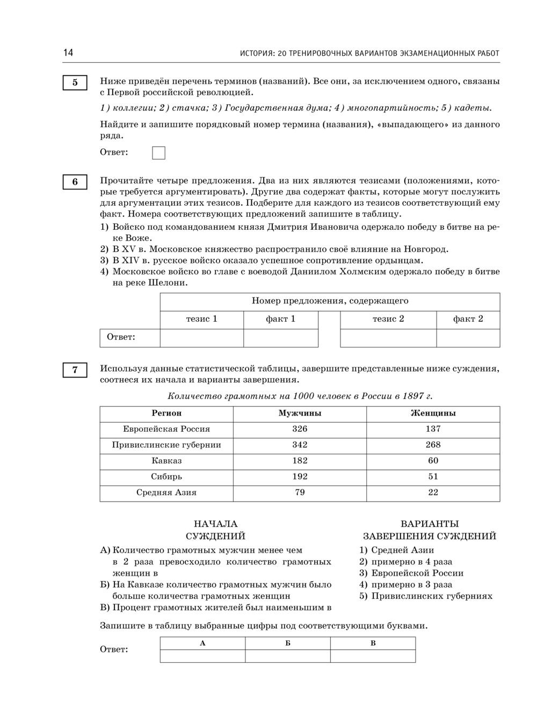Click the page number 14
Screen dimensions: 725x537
(x=68, y=53)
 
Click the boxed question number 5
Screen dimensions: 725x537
(x=75, y=83)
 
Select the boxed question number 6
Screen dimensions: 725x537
(x=75, y=182)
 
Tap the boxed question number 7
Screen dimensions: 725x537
(x=75, y=369)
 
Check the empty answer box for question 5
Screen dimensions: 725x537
(x=158, y=153)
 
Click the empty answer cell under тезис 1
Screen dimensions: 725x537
(x=202, y=338)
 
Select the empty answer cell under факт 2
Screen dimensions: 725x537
(x=468, y=338)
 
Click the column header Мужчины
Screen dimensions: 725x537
(x=300, y=414)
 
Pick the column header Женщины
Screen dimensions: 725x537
(x=433, y=414)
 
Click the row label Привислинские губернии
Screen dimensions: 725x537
(x=166, y=445)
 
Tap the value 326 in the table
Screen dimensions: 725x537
(x=300, y=429)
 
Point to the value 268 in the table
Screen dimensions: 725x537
(x=433, y=445)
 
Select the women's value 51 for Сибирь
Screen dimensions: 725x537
(x=433, y=477)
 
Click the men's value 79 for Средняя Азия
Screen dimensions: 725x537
(x=300, y=492)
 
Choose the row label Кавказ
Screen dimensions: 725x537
(x=166, y=461)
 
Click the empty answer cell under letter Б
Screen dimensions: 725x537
(x=288, y=656)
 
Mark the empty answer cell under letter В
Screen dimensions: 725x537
(x=373, y=656)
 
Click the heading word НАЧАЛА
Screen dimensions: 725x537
(x=215, y=524)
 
